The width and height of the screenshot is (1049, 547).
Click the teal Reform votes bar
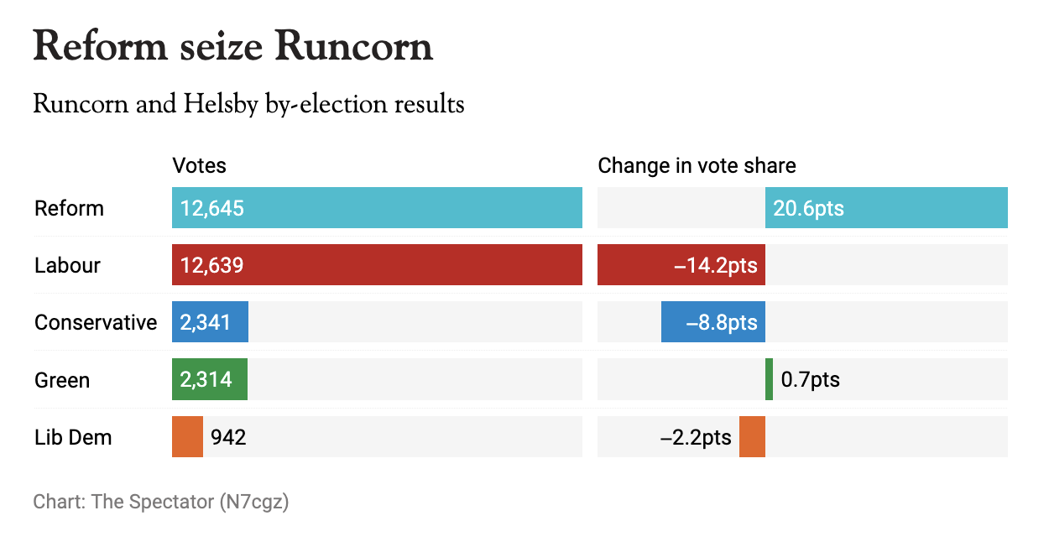click(x=377, y=208)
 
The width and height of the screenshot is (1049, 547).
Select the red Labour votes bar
click(x=377, y=265)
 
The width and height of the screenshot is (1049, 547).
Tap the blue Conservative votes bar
click(x=210, y=322)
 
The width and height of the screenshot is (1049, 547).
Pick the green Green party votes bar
click(x=210, y=380)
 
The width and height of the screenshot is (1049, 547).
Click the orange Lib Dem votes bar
click(x=187, y=437)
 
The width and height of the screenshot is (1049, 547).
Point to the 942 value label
click(x=228, y=437)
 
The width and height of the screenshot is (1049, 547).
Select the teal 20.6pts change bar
click(x=886, y=208)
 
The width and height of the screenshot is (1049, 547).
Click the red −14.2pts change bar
click(x=681, y=265)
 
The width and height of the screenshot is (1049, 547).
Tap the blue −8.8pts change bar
click(x=712, y=322)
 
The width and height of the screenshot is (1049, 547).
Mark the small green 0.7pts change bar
click(x=769, y=380)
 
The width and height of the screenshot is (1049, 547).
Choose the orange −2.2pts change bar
click(x=752, y=437)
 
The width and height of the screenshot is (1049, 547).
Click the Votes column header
click(x=199, y=165)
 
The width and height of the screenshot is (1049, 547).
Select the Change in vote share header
click(x=697, y=165)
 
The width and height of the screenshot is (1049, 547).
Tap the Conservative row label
click(x=96, y=322)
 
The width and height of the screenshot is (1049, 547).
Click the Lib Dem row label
click(x=73, y=437)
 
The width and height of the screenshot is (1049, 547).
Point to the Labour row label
click(x=67, y=265)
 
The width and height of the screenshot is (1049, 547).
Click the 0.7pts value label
click(x=810, y=380)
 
